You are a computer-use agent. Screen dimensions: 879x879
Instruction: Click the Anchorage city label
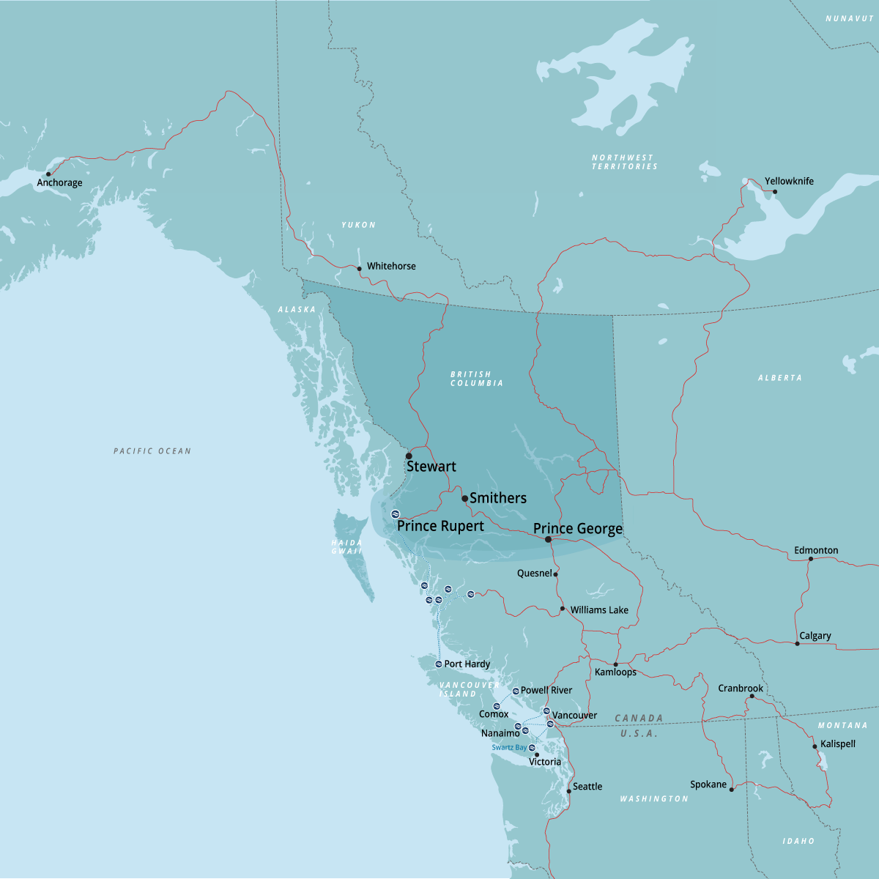(x=59, y=182)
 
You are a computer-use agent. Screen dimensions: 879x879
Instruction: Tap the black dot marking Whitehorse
(x=359, y=269)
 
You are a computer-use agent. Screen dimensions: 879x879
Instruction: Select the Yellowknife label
(x=789, y=181)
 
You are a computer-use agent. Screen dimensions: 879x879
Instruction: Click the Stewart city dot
(x=409, y=456)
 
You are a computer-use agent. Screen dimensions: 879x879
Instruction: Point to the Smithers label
(x=498, y=498)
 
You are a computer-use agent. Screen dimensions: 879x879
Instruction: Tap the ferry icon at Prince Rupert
(x=396, y=513)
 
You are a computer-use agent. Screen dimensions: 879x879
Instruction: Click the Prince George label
(x=578, y=528)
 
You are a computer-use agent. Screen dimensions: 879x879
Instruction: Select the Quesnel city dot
(x=556, y=574)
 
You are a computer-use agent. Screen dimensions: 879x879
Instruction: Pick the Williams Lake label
(x=599, y=609)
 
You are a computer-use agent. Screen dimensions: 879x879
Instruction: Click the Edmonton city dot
(x=810, y=559)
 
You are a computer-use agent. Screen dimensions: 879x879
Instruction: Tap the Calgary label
(x=815, y=636)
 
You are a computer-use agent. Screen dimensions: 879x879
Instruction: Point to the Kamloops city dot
(x=615, y=664)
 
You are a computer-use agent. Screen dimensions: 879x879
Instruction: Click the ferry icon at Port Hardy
(x=439, y=664)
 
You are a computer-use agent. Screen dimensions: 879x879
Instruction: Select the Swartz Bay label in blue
(x=509, y=748)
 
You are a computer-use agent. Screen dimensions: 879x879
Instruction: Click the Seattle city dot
(x=568, y=791)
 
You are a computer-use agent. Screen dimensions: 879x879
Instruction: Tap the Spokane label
(x=708, y=785)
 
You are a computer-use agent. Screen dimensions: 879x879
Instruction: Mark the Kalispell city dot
(x=815, y=747)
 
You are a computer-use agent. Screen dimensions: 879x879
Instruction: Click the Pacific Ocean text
(x=152, y=451)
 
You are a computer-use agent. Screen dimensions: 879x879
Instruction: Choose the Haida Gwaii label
(x=346, y=547)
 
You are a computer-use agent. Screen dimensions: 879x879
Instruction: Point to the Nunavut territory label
(x=850, y=18)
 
